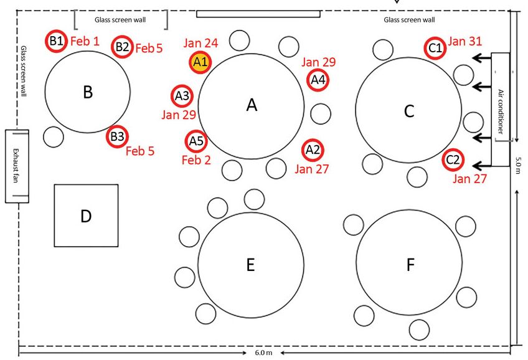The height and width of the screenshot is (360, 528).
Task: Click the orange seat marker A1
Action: [x=200, y=62]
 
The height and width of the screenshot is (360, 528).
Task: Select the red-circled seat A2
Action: [x=313, y=149]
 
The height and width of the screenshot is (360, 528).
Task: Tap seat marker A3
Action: [x=182, y=96]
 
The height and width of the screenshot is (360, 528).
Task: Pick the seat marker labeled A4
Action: [x=318, y=79]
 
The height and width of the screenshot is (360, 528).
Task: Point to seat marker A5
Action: [x=196, y=141]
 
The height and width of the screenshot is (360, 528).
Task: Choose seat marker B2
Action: [x=122, y=46]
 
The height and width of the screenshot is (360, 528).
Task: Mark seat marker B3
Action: [x=117, y=136]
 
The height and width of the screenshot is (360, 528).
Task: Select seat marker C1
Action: [x=435, y=47]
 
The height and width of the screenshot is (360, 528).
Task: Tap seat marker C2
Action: [x=453, y=160]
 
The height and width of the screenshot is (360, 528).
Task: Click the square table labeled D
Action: [x=86, y=216]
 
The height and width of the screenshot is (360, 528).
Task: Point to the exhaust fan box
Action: [x=17, y=166]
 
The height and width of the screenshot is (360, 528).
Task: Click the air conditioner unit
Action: [x=501, y=95]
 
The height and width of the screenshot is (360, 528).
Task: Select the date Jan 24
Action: [x=201, y=43]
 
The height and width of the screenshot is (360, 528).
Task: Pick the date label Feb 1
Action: [x=84, y=41]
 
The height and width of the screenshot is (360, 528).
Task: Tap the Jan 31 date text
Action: [x=465, y=42]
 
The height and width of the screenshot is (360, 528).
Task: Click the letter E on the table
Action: [x=250, y=265]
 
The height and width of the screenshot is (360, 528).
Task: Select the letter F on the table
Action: [x=410, y=265]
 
